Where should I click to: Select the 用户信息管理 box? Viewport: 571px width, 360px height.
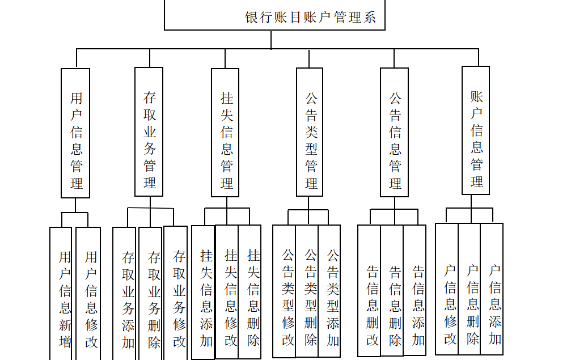point(75,133)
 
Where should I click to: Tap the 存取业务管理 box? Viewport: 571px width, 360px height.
point(149,132)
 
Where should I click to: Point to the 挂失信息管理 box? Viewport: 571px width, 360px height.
point(226,133)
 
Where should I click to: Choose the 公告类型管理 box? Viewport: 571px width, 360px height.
point(310,133)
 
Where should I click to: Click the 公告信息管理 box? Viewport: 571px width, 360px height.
point(395,133)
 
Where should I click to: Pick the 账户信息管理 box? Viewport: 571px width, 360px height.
point(476,130)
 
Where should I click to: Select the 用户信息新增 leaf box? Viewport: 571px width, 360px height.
point(61,295)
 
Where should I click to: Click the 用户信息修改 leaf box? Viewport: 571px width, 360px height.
point(88,295)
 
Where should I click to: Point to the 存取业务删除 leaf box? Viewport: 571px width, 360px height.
point(151,295)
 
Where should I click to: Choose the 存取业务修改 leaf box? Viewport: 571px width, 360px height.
point(176,295)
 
